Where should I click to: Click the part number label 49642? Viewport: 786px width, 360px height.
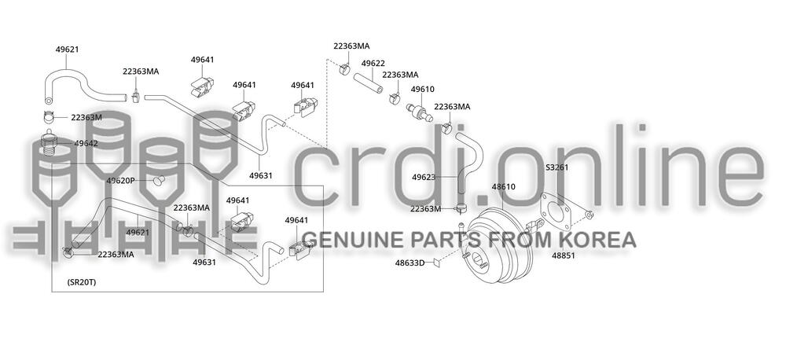[x=86, y=144]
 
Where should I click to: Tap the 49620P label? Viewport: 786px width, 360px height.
[x=121, y=181]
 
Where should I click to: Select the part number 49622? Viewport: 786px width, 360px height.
[x=373, y=64]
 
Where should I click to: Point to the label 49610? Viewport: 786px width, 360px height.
[x=423, y=90]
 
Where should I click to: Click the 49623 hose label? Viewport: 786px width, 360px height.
[x=424, y=178]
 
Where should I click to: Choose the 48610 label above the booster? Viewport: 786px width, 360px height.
[x=503, y=187]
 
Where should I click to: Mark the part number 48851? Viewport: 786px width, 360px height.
[x=564, y=256]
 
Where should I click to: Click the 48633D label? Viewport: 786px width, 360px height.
[x=410, y=263]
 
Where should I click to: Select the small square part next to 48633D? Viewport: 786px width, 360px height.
[x=436, y=263]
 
